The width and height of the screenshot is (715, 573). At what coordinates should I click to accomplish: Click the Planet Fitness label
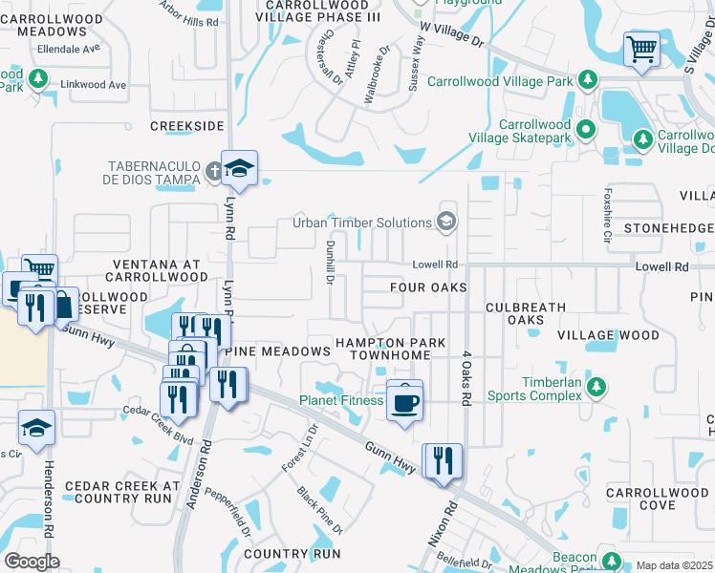(x=341, y=401)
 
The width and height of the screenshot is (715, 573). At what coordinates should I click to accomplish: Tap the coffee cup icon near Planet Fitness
(x=404, y=401)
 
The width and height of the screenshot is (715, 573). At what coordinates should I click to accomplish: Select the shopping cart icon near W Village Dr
(x=641, y=48)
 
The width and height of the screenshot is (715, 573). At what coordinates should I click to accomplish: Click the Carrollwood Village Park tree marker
(x=587, y=80)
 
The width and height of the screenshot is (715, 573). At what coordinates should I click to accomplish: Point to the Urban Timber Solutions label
(x=361, y=223)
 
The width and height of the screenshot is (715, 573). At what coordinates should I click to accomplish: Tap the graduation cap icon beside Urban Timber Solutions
(x=445, y=223)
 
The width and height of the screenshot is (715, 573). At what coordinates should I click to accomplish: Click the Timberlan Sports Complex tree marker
(x=596, y=386)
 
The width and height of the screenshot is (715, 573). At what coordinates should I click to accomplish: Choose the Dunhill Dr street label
(x=328, y=263)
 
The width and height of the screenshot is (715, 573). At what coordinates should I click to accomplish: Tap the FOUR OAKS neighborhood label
(x=428, y=287)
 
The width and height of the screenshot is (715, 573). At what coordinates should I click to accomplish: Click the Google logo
(x=31, y=562)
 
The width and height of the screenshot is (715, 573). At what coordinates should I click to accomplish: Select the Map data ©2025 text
(x=675, y=565)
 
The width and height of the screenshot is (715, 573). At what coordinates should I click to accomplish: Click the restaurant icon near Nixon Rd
(x=442, y=461)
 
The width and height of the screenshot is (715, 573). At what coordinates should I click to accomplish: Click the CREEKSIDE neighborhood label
(x=187, y=126)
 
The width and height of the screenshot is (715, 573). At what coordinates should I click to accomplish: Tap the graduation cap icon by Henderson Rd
(x=36, y=429)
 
